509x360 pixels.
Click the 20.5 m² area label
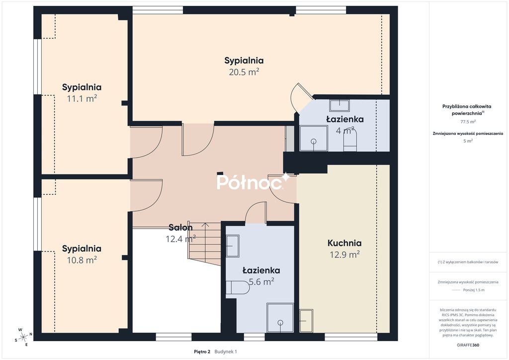tap(244, 72)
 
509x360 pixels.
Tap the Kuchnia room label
tap(344, 243)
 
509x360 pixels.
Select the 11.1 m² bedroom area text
tap(82, 98)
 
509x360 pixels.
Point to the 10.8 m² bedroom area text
tap(82, 260)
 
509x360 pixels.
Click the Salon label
tap(180, 228)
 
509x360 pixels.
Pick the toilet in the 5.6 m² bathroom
tap(238, 287)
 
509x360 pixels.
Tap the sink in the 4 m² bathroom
tap(339, 105)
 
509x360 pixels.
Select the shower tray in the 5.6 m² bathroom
tap(280, 318)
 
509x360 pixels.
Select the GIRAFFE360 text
tap(468, 345)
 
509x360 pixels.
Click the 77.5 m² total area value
tap(468, 122)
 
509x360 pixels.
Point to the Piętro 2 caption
tap(202, 352)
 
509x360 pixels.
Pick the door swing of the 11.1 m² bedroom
tap(147, 143)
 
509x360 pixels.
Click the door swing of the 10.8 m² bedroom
tap(147, 195)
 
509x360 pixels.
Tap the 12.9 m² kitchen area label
tap(344, 254)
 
